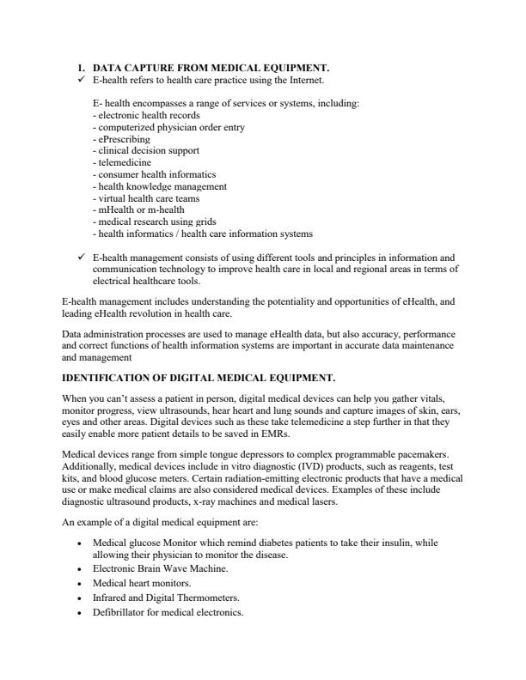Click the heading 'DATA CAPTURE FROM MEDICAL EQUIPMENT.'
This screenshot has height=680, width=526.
click(211, 68)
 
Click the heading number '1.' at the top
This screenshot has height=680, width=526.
click(82, 68)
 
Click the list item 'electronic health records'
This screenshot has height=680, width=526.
click(149, 114)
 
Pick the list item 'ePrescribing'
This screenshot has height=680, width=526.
click(124, 138)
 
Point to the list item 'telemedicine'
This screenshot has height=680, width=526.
click(125, 162)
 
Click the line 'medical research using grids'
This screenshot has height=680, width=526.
click(154, 222)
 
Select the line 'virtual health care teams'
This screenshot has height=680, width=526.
click(148, 197)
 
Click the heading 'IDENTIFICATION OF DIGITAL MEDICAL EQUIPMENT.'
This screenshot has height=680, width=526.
click(199, 377)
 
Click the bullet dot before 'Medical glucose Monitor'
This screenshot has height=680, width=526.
click(79, 543)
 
